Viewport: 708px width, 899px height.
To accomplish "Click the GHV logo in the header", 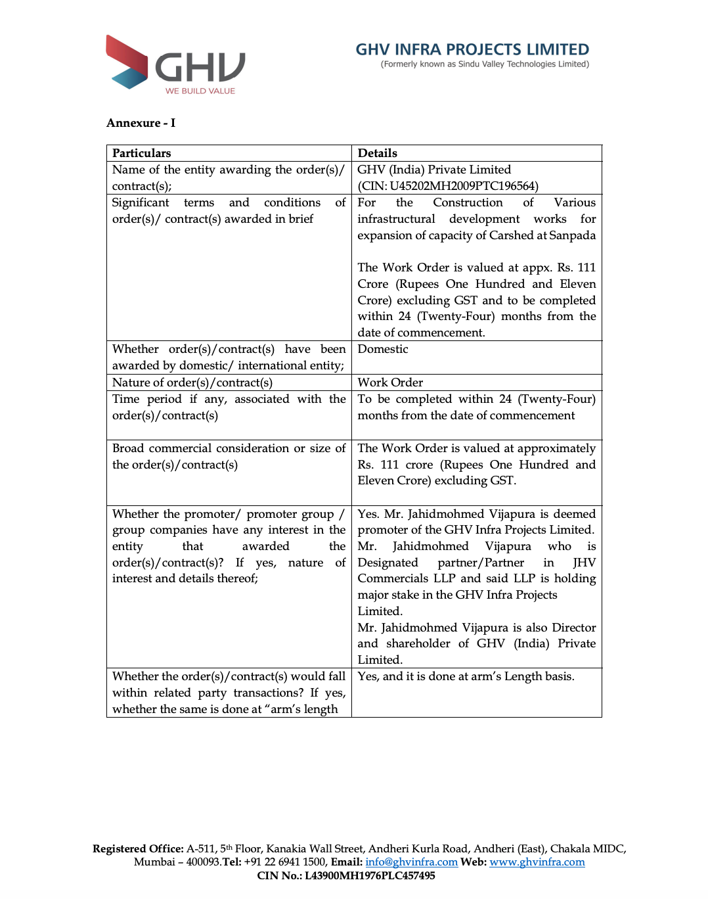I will click(x=175, y=64).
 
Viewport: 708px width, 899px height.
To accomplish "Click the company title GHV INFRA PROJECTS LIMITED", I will click(x=472, y=49).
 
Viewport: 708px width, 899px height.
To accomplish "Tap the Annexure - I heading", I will click(x=141, y=123).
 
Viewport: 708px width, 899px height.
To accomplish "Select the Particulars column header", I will click(x=141, y=153).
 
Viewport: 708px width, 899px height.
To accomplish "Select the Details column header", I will click(x=377, y=153).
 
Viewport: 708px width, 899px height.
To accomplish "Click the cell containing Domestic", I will click(x=383, y=349).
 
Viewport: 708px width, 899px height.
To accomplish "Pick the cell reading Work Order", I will click(x=390, y=382).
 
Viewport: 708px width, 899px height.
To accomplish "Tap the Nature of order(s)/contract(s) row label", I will click(x=192, y=382).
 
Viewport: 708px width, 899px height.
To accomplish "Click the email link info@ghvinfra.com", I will click(x=411, y=862).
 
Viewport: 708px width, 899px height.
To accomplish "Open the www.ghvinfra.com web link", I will click(x=537, y=862).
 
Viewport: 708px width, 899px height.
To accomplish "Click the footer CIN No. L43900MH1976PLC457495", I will click(x=346, y=875).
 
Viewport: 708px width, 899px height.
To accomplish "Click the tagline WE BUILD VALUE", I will click(x=200, y=91).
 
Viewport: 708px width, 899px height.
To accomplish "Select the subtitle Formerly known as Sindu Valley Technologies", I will click(x=485, y=64).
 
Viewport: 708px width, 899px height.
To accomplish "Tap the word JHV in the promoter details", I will click(x=584, y=563).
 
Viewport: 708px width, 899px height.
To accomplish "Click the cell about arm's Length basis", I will click(x=466, y=676).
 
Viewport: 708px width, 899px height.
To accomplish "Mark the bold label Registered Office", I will click(x=138, y=849).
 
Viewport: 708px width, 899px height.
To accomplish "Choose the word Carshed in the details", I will click(x=511, y=235).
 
